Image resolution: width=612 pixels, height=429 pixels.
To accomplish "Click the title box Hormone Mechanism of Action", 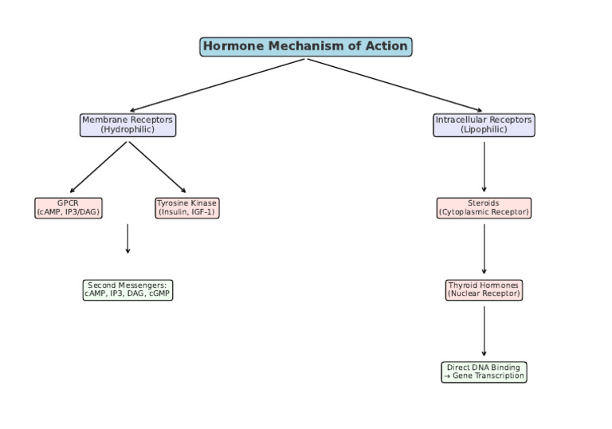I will [x=305, y=46].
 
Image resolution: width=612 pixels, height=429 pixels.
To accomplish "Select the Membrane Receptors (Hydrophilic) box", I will [x=127, y=125].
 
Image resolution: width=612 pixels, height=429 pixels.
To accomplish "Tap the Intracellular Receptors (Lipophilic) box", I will [x=484, y=125].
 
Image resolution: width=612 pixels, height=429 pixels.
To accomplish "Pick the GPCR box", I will [x=69, y=208].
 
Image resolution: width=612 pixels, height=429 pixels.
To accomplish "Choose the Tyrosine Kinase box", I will [x=186, y=208].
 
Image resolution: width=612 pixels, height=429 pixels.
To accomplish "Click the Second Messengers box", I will [x=127, y=289].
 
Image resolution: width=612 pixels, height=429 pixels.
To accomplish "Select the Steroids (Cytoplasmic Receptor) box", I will [x=484, y=208].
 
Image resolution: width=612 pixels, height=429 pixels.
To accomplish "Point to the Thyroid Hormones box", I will [x=484, y=289].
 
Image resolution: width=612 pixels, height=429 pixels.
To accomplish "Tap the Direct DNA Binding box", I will [x=484, y=372].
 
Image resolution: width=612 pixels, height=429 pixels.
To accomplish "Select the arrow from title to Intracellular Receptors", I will [x=394, y=85].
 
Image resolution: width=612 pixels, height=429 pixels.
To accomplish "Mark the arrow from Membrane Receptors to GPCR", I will [x=99, y=167].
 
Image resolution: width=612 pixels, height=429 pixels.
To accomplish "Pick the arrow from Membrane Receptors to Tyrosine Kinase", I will [x=157, y=167].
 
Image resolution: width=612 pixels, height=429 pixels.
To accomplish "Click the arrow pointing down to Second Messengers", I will [x=127, y=238].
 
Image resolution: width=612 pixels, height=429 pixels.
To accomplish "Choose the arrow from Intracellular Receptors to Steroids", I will [x=484, y=167].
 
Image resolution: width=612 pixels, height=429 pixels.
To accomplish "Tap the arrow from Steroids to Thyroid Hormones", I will [x=484, y=249].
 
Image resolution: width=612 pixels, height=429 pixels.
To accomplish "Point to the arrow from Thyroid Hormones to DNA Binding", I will [x=484, y=331].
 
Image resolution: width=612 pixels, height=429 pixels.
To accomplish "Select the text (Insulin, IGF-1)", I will [x=186, y=213].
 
